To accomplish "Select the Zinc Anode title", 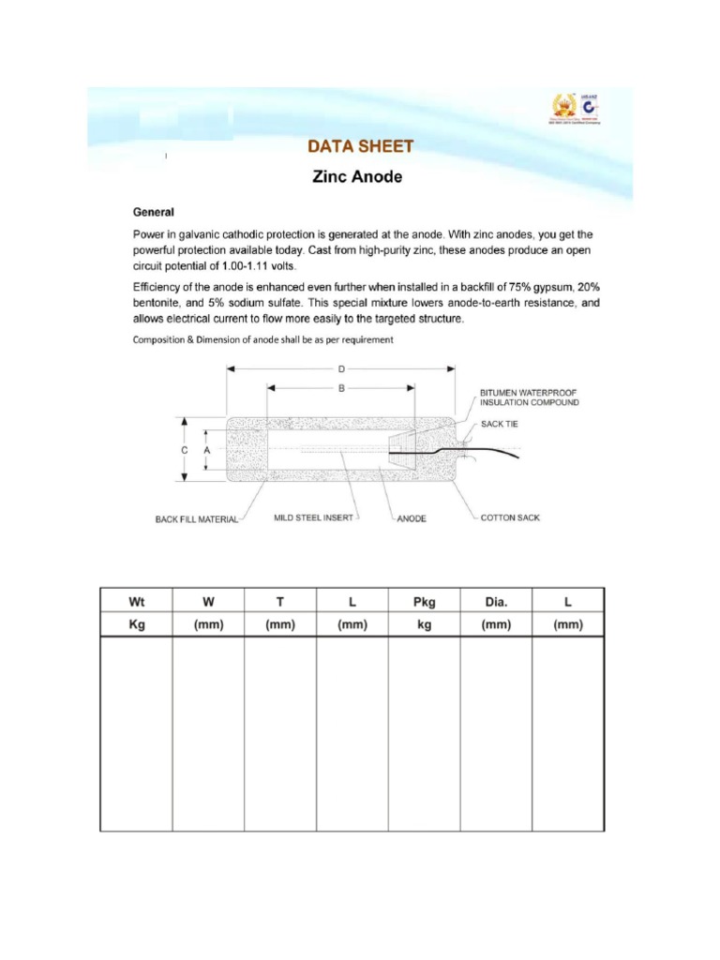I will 356,176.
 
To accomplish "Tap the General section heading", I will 154,213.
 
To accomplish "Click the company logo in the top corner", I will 575,109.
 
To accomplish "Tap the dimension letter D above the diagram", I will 341,369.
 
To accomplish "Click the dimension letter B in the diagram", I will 341,387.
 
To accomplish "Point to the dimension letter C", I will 185,450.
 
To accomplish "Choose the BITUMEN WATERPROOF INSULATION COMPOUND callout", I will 529,397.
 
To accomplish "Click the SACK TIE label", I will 499,424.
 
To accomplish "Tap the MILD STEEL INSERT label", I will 313,517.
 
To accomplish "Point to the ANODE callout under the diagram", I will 411,518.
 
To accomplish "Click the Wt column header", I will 136,601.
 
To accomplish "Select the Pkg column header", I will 424,601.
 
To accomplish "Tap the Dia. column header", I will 495,601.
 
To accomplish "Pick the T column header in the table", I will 279,601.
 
